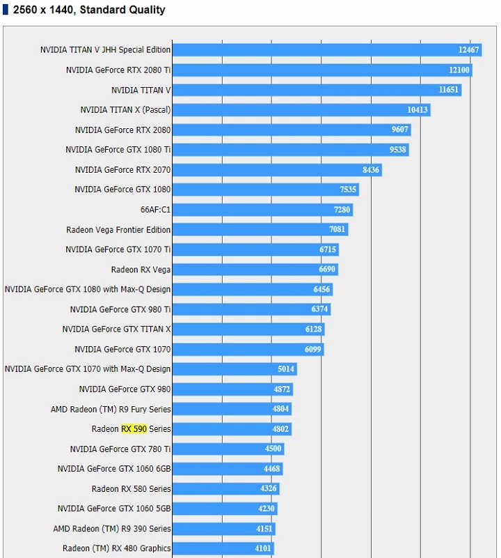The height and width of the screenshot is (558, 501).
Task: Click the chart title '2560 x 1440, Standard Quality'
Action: pos(89,10)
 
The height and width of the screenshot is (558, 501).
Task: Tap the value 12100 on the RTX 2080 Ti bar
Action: pos(459,70)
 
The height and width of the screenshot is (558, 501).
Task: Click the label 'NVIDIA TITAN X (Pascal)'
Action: pos(125,110)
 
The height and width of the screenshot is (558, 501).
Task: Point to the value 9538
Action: pos(399,150)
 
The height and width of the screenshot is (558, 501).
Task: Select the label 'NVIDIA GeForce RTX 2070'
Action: pos(122,170)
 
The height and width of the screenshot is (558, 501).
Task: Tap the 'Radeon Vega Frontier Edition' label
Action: pos(118,230)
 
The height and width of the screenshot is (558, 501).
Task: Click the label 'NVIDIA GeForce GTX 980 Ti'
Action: pos(120,309)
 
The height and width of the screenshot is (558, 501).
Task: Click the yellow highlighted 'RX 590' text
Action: pos(134,429)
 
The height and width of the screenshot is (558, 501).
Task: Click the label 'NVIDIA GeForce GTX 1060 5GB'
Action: pos(114,509)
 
